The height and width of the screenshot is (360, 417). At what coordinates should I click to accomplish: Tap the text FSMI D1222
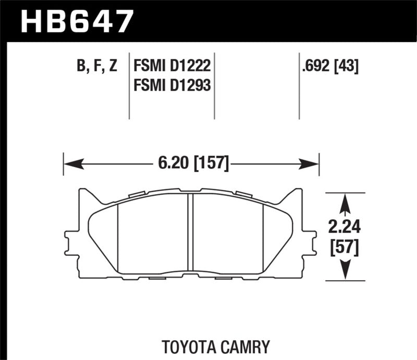click(171, 66)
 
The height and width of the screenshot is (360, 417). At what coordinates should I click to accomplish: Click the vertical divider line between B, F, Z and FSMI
click(129, 86)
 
